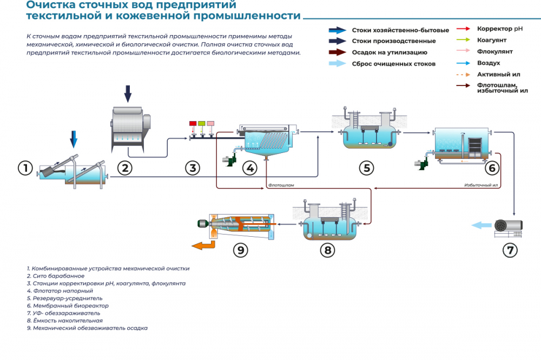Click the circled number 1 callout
(25, 168)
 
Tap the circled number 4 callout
(250, 168)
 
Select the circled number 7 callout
(510, 250)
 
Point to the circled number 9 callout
(241, 250)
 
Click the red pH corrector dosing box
(193, 123)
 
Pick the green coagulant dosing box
(201, 123)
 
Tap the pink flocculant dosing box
(210, 123)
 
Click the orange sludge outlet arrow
(203, 245)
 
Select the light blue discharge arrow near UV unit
(481, 225)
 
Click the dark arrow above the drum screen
(128, 94)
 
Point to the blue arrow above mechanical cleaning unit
(74, 139)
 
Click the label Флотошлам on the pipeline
(281, 185)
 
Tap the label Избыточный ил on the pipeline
(481, 185)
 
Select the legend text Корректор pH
(499, 29)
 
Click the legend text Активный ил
(499, 74)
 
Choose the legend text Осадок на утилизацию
(390, 52)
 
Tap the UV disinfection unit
(508, 228)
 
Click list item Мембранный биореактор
(68, 306)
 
